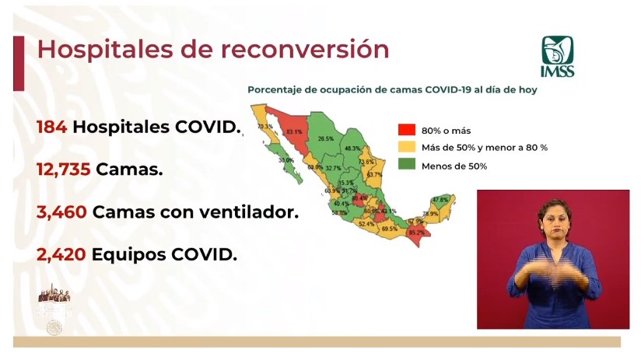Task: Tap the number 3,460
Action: pyautogui.click(x=61, y=211)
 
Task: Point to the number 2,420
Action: pyautogui.click(x=61, y=253)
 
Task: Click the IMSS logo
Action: pyautogui.click(x=557, y=56)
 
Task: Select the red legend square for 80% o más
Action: pyautogui.click(x=405, y=131)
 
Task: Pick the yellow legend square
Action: pyautogui.click(x=405, y=147)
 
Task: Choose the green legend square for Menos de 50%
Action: pyautogui.click(x=405, y=163)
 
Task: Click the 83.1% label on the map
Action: pyautogui.click(x=294, y=132)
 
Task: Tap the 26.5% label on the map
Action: pyautogui.click(x=326, y=139)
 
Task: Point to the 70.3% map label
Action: pyautogui.click(x=264, y=127)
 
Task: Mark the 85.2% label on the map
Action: pyautogui.click(x=416, y=232)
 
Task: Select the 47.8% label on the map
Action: pyautogui.click(x=440, y=201)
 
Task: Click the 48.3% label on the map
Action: pyautogui.click(x=352, y=149)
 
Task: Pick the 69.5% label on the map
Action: pyautogui.click(x=390, y=229)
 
